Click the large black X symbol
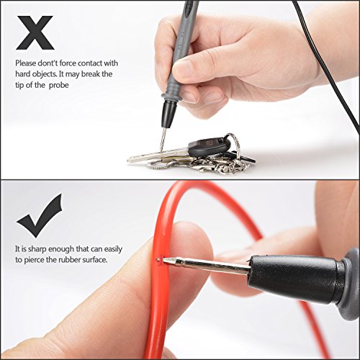point(35,33)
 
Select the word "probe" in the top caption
point(59,86)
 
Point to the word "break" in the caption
point(91,74)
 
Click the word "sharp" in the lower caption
point(37,249)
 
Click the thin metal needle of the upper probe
point(163,140)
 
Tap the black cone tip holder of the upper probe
point(168,113)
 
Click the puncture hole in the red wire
point(159,259)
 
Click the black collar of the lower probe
point(297,279)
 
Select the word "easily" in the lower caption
point(113,250)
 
